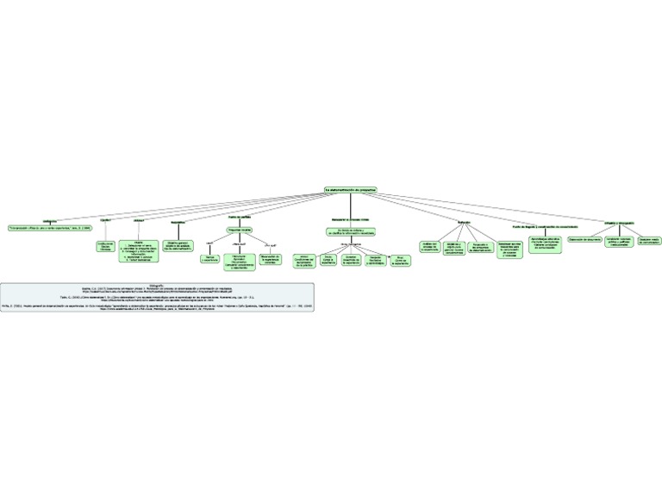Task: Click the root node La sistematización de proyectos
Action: tap(351, 189)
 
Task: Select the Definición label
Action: tap(49, 220)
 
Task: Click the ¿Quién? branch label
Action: tap(107, 221)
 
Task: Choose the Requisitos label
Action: tap(178, 222)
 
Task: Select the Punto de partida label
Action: tap(239, 217)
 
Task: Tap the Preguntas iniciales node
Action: tap(240, 230)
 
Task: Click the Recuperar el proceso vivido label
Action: tap(350, 220)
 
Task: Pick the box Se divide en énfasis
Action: tap(350, 232)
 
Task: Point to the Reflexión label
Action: tap(465, 224)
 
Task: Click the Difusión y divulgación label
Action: tap(619, 222)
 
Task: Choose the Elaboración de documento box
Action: tap(584, 240)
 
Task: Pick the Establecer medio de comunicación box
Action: tap(649, 241)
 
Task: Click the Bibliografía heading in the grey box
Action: tap(156, 282)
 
